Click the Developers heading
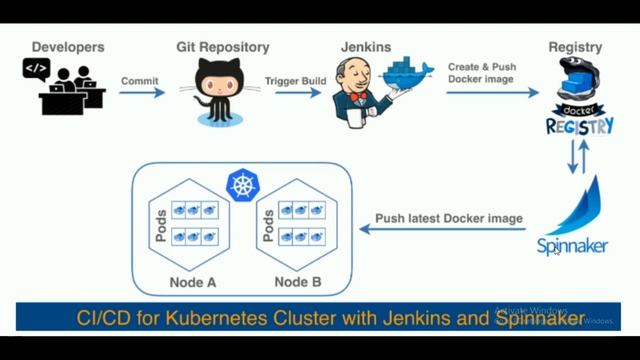[69, 47]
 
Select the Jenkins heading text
[366, 47]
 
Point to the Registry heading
[575, 47]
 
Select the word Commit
[139, 80]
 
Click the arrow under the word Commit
[142, 93]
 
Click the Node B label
[297, 282]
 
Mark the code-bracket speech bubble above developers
[36, 68]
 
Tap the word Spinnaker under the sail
[572, 246]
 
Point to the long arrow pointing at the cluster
[441, 230]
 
